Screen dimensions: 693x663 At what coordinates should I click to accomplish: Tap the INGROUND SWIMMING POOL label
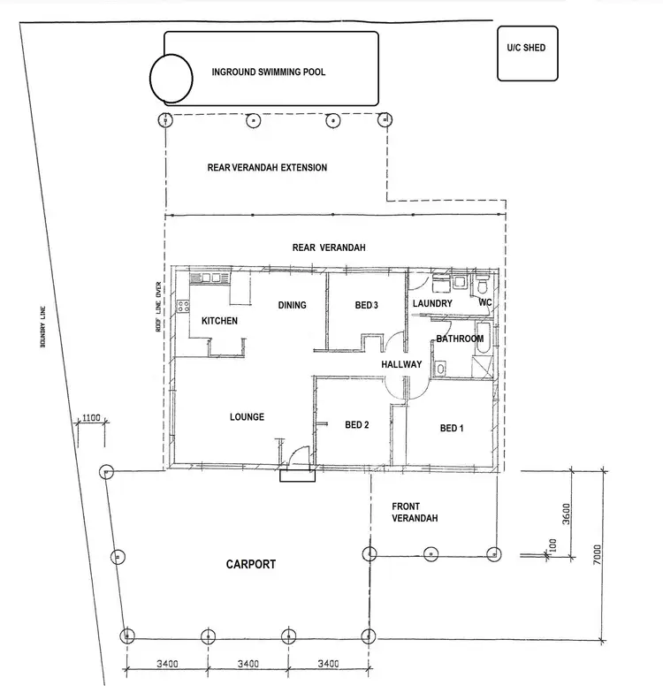[268, 72]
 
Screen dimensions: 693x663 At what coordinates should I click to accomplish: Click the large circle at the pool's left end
[171, 78]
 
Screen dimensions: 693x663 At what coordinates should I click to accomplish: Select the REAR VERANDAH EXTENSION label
[267, 168]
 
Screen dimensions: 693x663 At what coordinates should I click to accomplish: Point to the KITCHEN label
[219, 321]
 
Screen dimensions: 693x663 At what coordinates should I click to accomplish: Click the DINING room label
[292, 306]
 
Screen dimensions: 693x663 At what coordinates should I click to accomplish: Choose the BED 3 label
[366, 306]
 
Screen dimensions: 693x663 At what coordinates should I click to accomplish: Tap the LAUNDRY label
[432, 304]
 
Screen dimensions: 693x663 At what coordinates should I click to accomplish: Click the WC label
[485, 304]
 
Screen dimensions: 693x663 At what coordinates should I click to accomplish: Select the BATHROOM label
[460, 339]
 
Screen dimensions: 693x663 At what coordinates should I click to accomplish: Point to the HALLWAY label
[401, 365]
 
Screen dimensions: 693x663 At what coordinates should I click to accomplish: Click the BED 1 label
[451, 429]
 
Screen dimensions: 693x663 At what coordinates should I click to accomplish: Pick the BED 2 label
[356, 425]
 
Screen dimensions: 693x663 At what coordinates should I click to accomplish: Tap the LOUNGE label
[247, 417]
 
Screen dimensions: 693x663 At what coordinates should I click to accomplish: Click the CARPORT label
[250, 564]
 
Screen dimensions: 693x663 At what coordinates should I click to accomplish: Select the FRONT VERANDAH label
[415, 513]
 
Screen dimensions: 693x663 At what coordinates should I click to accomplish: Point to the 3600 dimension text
[567, 513]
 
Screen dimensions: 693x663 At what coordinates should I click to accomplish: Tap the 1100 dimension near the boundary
[89, 418]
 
